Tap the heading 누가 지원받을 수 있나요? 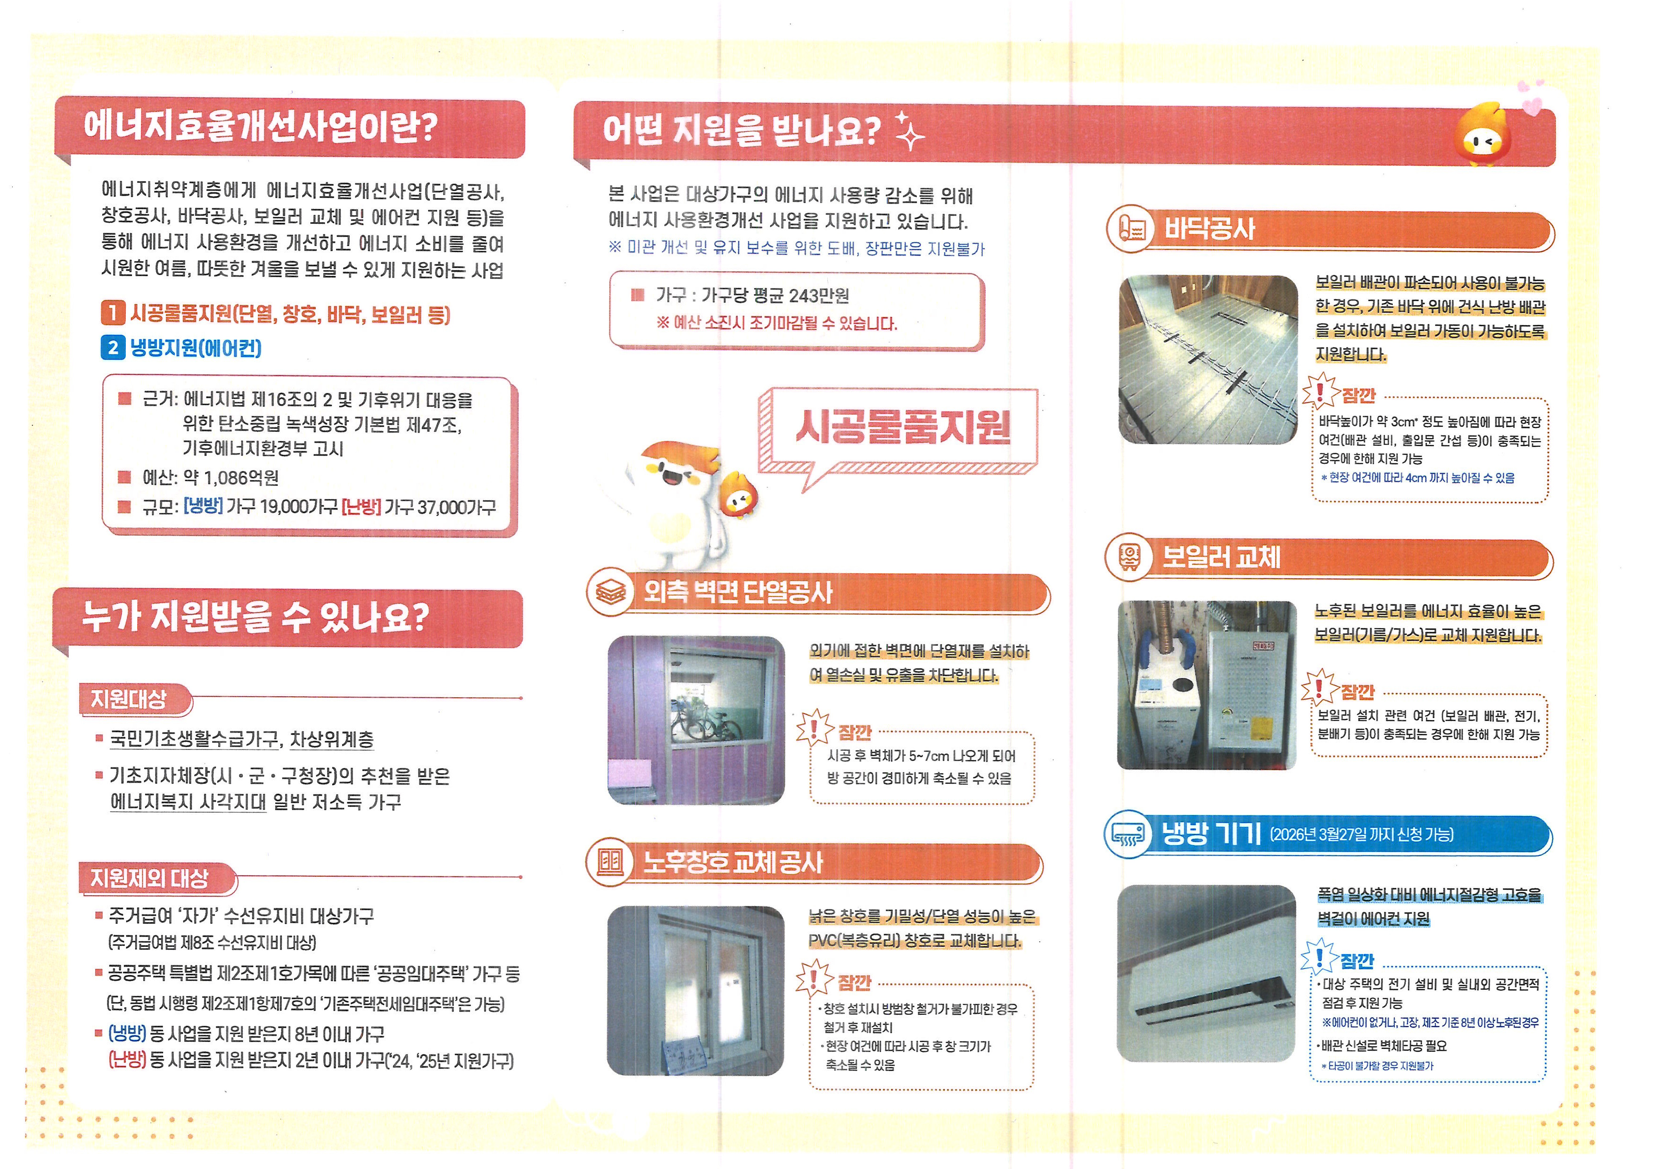pyautogui.click(x=255, y=617)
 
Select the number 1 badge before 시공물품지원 pyautogui.click(x=113, y=313)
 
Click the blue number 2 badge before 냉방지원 pyautogui.click(x=113, y=348)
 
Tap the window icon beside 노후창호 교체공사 pyautogui.click(x=610, y=862)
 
